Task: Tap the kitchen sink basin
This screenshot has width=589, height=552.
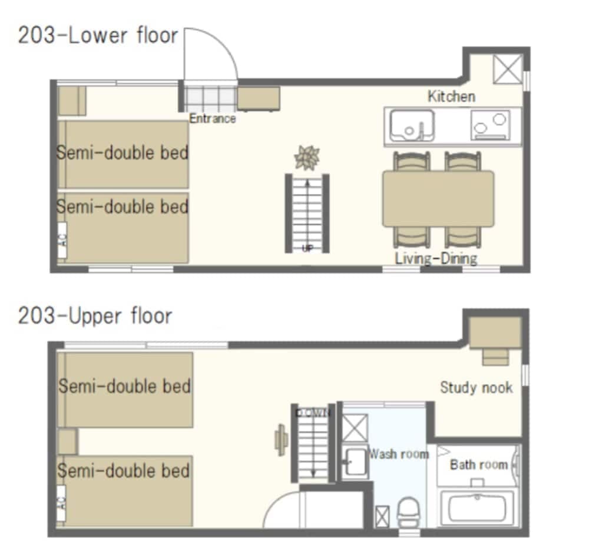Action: (x=411, y=125)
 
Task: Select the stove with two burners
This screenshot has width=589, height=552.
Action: (x=490, y=125)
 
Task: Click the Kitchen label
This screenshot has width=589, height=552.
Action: (x=451, y=96)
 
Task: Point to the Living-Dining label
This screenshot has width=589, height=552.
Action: (x=436, y=258)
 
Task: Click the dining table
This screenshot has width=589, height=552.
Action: (x=438, y=198)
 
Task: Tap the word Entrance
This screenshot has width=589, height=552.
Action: (x=213, y=119)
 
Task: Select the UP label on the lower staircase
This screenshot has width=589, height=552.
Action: (x=307, y=248)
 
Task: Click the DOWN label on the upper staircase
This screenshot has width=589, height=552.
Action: (x=313, y=413)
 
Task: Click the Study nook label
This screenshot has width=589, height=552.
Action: (x=476, y=387)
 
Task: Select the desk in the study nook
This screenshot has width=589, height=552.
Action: (x=495, y=333)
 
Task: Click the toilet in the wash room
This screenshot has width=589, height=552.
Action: (x=407, y=511)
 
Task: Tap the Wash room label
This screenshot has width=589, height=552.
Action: (x=398, y=454)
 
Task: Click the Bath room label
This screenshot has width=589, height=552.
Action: (x=478, y=464)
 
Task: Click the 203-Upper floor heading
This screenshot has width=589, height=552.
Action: (x=95, y=316)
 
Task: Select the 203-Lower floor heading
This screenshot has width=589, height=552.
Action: (x=98, y=35)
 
